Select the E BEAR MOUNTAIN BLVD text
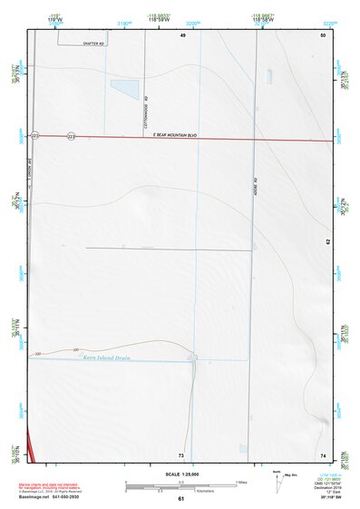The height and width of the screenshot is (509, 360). (175, 135)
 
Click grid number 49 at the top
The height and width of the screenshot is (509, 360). (181, 35)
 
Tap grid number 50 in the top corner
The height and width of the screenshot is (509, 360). (323, 35)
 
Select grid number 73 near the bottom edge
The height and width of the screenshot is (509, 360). (181, 454)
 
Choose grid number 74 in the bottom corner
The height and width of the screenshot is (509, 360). (323, 454)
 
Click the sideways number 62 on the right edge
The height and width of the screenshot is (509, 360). (326, 242)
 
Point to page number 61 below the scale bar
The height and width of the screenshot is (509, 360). (181, 499)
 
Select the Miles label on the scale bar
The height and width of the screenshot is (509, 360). (243, 482)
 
